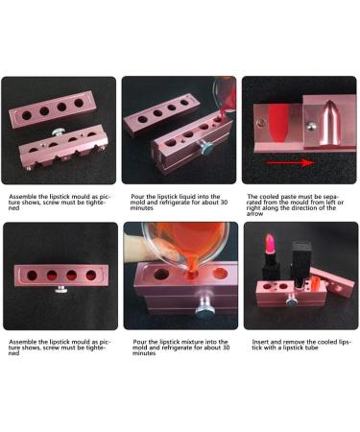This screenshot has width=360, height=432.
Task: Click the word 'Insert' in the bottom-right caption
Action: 254,341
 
